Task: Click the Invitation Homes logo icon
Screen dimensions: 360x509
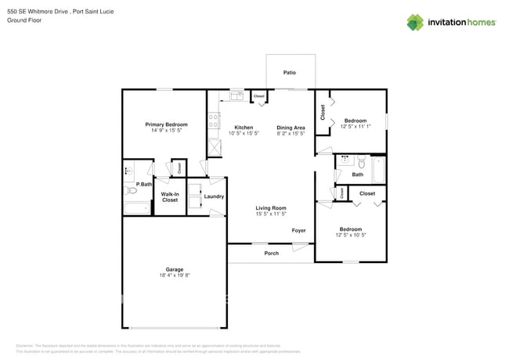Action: click(x=415, y=22)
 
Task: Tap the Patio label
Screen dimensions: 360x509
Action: click(x=290, y=73)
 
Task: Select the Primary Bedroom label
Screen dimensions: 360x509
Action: click(x=166, y=124)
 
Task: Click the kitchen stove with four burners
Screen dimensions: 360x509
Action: click(x=214, y=121)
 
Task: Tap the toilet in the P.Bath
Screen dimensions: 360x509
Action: click(x=132, y=189)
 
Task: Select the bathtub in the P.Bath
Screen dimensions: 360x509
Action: click(x=137, y=208)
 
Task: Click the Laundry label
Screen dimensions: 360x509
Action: click(x=214, y=196)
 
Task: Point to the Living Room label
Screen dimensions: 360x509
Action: click(x=270, y=207)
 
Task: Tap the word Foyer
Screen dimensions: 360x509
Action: click(x=298, y=230)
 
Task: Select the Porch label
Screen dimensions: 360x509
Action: click(x=271, y=253)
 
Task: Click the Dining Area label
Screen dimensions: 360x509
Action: click(x=291, y=127)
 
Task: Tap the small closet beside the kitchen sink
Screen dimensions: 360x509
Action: click(x=258, y=97)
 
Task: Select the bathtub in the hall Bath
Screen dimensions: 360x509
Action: click(x=378, y=170)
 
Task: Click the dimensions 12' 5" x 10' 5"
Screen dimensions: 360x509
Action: click(x=350, y=236)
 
